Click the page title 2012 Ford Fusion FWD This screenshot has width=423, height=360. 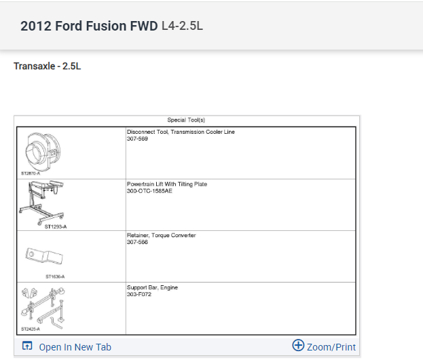(89, 26)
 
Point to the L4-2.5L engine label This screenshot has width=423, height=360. (182, 26)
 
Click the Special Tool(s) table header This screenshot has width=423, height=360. (186, 120)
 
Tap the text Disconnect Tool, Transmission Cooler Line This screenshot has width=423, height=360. (181, 132)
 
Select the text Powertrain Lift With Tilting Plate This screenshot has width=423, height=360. (167, 184)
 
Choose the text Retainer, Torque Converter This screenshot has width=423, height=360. (161, 236)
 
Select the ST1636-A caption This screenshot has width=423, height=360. (56, 276)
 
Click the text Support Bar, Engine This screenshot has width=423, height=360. (152, 287)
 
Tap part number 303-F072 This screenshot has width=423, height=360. (138, 294)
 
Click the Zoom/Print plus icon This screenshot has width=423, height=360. (298, 346)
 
